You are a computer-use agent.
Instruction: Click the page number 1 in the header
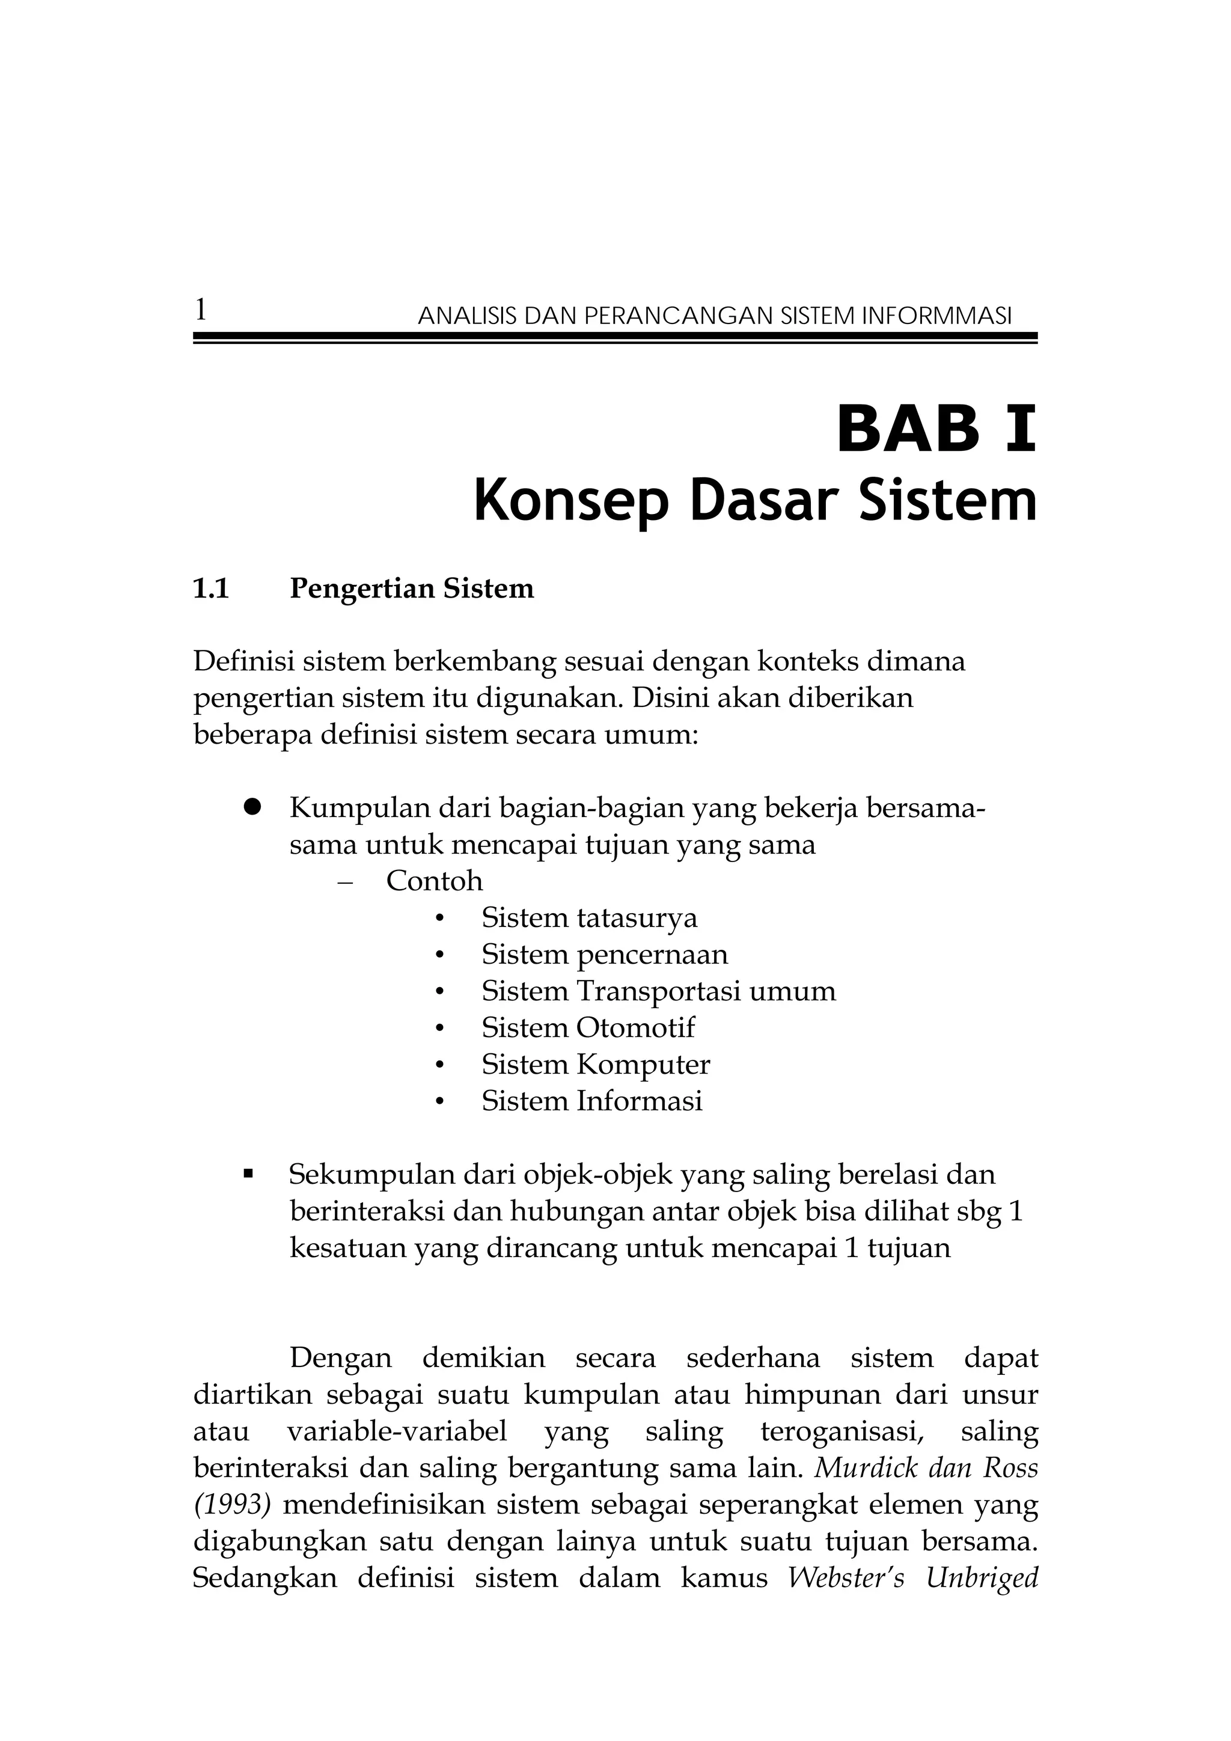point(201,310)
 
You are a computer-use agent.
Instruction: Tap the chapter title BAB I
point(935,429)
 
